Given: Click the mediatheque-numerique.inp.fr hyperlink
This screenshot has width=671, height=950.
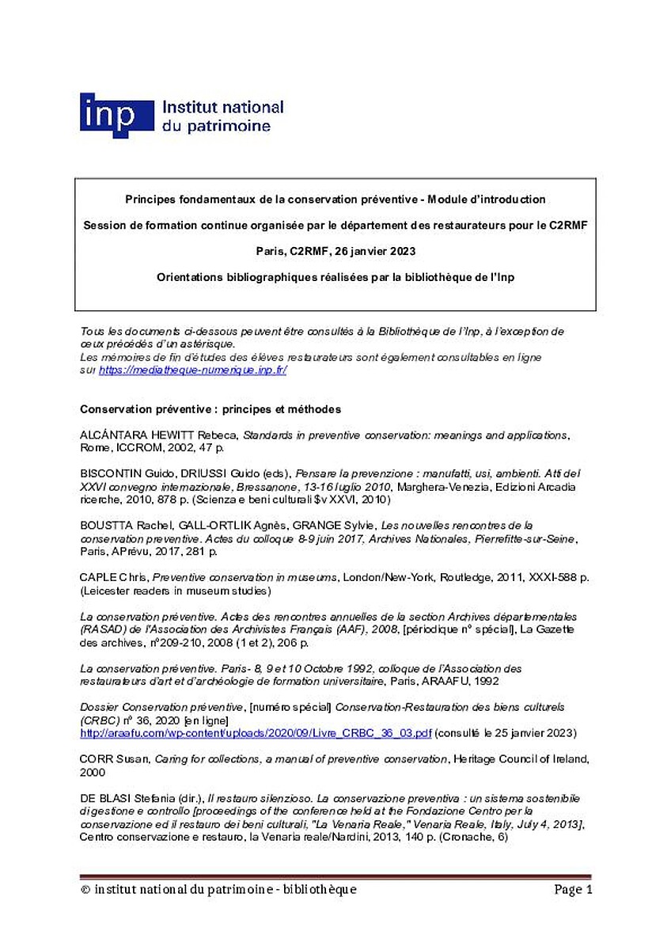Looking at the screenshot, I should (x=192, y=370).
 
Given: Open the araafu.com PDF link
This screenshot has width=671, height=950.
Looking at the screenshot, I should (x=256, y=733).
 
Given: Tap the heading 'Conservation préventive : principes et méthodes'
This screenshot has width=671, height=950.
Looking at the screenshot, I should (x=210, y=409).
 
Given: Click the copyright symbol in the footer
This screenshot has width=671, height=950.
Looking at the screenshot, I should (x=85, y=890).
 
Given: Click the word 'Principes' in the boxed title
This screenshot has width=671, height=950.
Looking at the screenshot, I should (x=150, y=199).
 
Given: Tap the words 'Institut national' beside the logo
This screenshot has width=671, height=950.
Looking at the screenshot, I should (x=222, y=107).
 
